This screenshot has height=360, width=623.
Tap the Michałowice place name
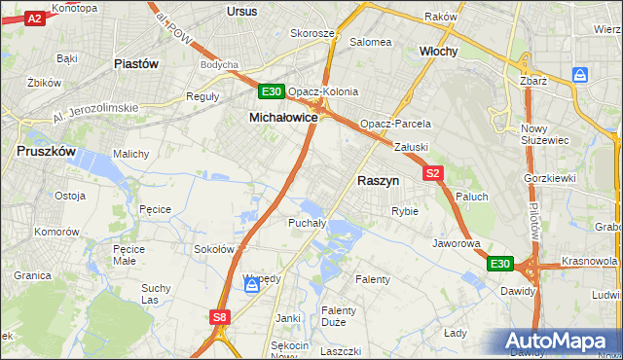(283, 117)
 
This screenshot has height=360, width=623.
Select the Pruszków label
(47, 151)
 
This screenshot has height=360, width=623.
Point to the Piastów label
(136, 63)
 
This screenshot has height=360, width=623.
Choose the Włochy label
(438, 51)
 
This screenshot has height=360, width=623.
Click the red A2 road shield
(33, 18)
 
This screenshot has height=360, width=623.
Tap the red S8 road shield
(220, 316)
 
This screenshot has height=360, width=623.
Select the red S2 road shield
(434, 173)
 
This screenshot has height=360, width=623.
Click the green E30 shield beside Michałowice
(272, 92)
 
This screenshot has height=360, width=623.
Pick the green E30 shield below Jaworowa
(499, 264)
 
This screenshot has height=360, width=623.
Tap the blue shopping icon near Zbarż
(580, 75)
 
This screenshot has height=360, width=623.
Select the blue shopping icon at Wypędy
(252, 283)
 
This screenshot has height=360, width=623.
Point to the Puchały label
(305, 223)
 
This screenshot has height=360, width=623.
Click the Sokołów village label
(214, 249)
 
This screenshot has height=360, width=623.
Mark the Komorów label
(55, 233)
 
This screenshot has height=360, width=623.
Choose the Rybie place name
(404, 211)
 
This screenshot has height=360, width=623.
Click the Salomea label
(370, 42)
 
